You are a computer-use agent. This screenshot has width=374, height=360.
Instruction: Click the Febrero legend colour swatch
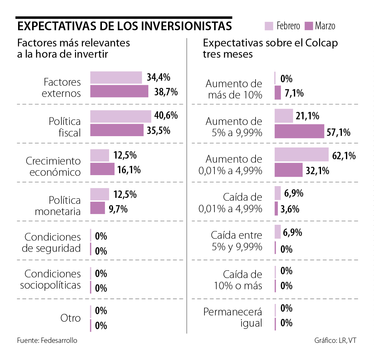269,26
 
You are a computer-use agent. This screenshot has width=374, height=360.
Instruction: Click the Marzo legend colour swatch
309,26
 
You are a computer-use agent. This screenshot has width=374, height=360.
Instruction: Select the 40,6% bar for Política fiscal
121,116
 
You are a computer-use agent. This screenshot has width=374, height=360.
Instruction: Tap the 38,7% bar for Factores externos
119,91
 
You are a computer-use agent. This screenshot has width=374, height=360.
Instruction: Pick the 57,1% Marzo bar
299,131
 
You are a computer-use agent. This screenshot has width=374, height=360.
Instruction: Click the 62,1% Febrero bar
301,154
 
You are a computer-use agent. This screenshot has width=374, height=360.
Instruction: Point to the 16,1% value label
129,170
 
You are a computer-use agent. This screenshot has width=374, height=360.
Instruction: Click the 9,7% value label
118,209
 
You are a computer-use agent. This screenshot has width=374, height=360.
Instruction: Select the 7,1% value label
294,93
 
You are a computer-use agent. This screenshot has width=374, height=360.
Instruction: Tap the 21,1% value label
307,116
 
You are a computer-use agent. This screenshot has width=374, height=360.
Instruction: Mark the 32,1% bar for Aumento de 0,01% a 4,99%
288,170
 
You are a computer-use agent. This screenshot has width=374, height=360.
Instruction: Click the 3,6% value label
290,209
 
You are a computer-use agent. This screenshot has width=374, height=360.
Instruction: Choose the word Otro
70,318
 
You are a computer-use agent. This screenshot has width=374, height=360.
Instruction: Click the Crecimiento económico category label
53,166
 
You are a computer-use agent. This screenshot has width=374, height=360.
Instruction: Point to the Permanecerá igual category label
233,317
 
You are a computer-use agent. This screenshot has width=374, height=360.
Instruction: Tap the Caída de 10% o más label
238,280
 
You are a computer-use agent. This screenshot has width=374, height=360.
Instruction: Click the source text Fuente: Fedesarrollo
47,340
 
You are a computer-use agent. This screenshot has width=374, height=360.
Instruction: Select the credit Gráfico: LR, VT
335,340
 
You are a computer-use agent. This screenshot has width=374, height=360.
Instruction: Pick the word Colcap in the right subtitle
321,43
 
